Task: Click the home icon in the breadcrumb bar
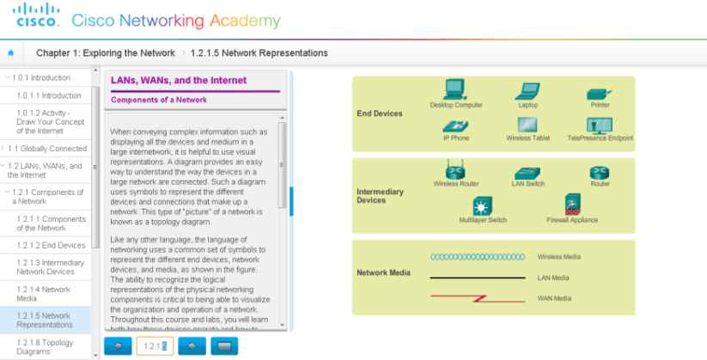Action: point(10,53)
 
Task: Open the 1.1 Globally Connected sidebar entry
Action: point(47,149)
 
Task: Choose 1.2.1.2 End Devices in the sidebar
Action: point(51,246)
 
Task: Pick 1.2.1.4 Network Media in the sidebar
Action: point(44,295)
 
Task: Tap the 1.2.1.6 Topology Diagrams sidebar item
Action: point(45,346)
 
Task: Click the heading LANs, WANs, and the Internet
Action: point(179,81)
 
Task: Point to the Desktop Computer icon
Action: point(455,89)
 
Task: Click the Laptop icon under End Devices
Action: point(527,91)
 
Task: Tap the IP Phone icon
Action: point(455,125)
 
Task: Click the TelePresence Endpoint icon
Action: point(600,125)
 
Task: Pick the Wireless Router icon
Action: point(456,171)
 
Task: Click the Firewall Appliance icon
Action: point(572,205)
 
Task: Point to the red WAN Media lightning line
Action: point(478,298)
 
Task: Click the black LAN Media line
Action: point(478,278)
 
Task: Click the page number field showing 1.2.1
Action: point(155,345)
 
